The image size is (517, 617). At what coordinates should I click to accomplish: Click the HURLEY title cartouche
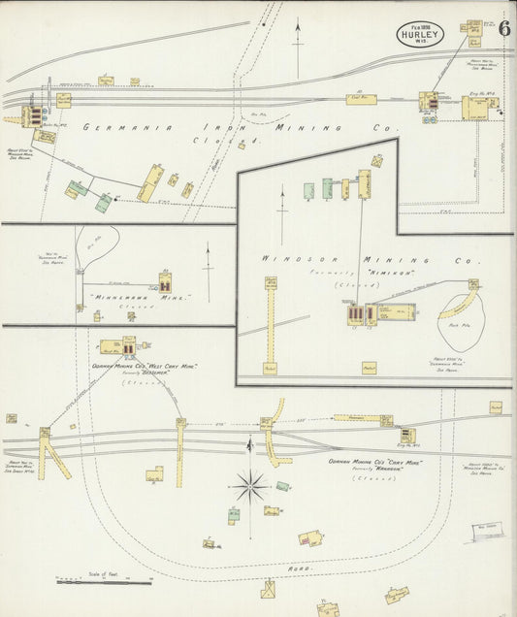click(420, 36)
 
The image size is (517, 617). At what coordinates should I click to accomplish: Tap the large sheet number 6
click(504, 28)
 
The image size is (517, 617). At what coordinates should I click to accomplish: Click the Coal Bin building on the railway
click(361, 99)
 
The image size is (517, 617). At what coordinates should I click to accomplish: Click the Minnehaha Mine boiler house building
click(166, 284)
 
